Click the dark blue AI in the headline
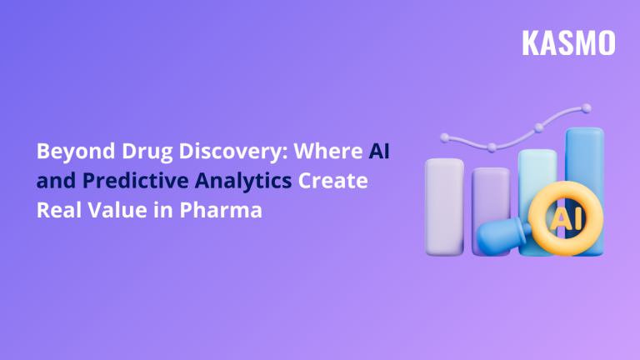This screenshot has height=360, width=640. tap(379, 152)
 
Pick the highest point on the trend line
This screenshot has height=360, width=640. tap(587, 107)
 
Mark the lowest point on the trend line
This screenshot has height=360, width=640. tap(492, 147)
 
